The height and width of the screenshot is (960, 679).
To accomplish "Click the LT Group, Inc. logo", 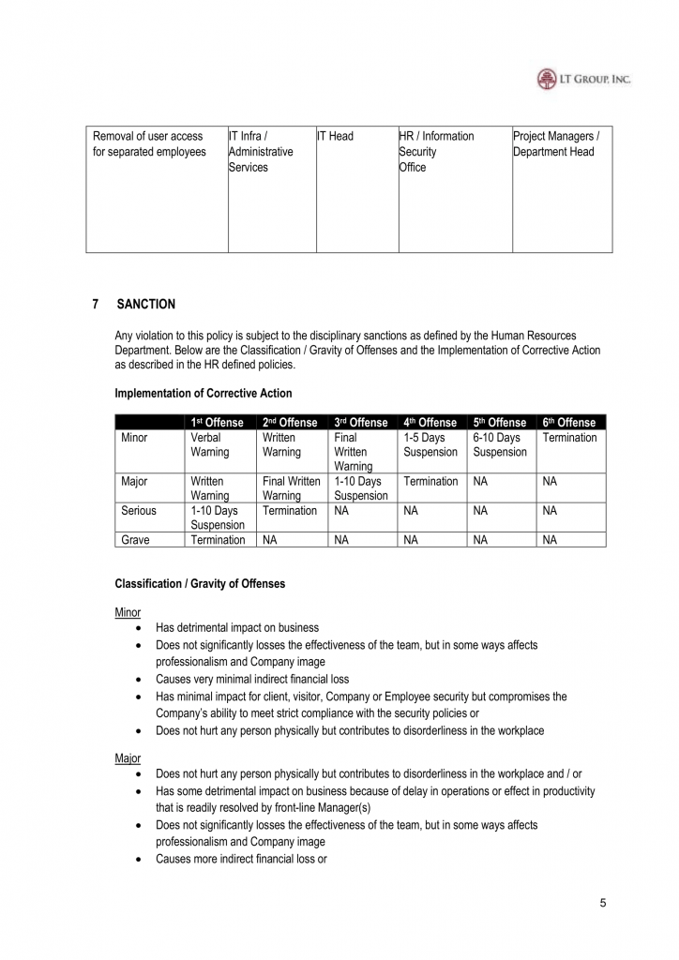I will pos(583,80).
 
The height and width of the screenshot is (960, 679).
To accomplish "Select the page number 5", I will pos(603,903).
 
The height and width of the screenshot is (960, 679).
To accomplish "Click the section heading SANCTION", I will pos(145,305).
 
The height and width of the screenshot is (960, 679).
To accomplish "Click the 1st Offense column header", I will pos(217,423).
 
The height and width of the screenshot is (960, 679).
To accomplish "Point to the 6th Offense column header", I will pos(569,423).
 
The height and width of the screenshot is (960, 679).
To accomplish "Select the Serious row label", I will pos(139,511).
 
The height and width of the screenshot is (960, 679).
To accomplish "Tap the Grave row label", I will pos(136,540).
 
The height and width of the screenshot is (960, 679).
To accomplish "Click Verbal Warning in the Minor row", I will pos(210,445).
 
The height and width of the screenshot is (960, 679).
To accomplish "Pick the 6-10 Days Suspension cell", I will pos(500,445).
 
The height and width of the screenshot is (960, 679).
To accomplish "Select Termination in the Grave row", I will pos(218,540).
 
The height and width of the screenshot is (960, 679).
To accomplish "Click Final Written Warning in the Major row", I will pos(291,488).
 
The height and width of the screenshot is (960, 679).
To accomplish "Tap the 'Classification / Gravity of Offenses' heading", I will pos(200,584).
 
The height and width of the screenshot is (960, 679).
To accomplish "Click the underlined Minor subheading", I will pos(128,612).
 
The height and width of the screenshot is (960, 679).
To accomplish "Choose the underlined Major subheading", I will pos(128,757).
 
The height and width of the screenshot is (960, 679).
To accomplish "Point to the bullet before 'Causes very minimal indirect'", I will pos(139,679).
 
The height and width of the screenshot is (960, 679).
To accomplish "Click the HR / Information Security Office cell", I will pos(436,152).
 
